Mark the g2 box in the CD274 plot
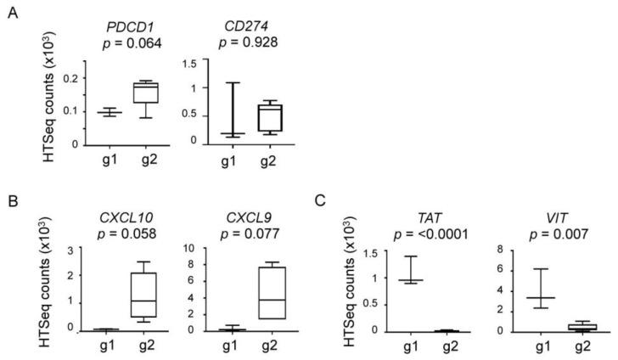247,117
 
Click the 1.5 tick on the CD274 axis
196,63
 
